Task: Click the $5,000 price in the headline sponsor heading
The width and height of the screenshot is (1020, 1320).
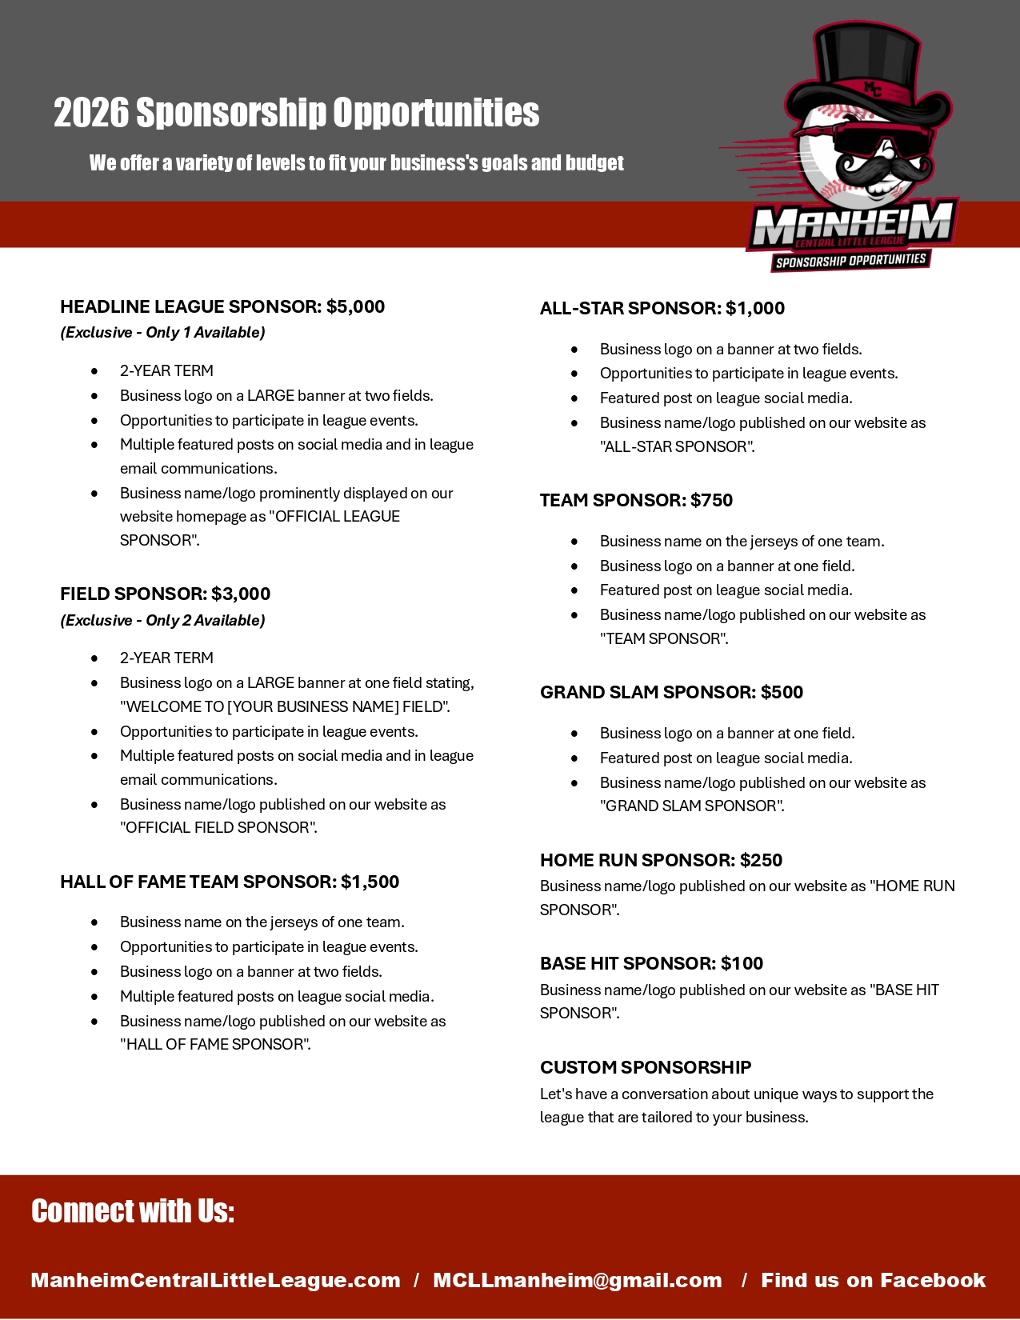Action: pos(355,306)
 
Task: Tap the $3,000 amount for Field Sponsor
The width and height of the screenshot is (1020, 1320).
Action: pos(241,594)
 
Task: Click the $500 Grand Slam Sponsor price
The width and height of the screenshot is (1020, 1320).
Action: pos(782,692)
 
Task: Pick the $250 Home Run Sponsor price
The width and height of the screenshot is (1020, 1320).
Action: pos(761,860)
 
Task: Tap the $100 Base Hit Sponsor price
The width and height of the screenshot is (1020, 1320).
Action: pos(742,963)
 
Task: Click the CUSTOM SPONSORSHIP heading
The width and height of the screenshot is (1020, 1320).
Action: pos(646,1067)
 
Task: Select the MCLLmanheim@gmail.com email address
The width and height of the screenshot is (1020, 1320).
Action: pos(577,1280)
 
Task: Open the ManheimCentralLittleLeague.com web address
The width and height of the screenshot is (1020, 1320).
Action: pos(215,1280)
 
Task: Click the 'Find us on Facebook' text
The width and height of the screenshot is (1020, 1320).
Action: pos(873,1280)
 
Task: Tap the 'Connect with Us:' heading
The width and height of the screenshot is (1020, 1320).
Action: pos(133,1211)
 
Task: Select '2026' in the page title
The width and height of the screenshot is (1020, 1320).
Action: pos(90,113)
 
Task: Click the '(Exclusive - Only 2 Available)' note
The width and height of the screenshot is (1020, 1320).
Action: pos(162,620)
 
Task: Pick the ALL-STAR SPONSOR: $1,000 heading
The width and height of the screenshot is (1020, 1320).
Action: pos(662,308)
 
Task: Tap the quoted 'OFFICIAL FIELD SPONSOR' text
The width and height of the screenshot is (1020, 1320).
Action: pos(218,827)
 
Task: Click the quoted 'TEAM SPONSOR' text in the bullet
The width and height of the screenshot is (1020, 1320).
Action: pos(664,638)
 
